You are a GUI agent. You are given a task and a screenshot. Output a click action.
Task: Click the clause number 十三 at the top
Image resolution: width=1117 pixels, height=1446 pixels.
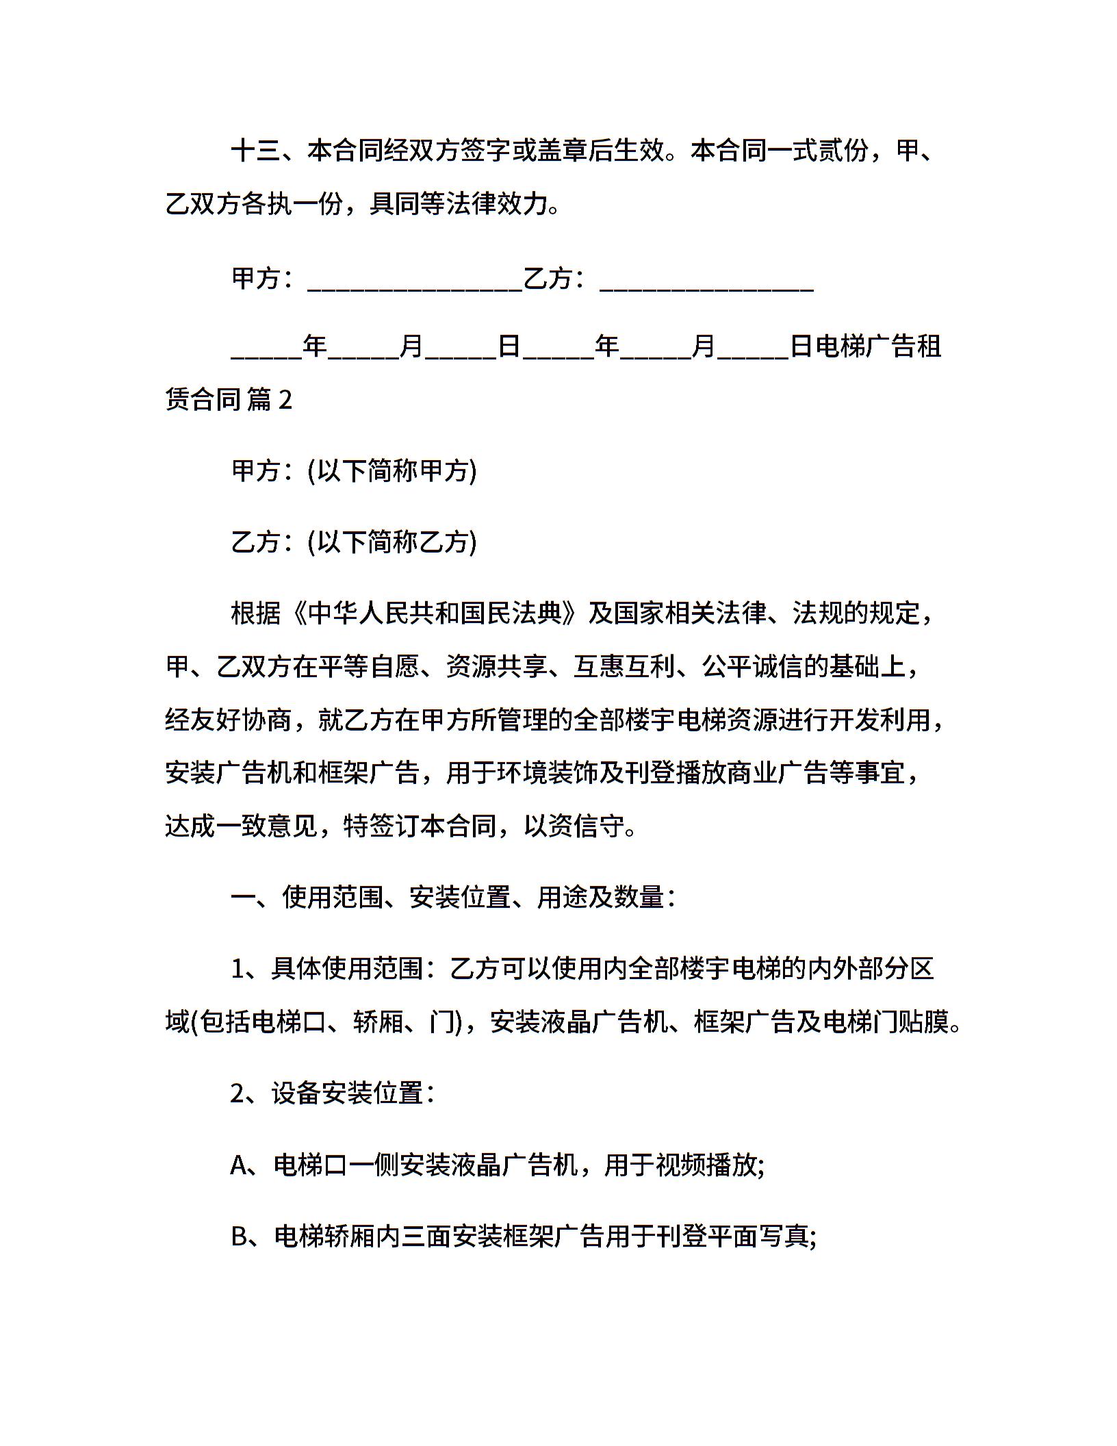pyautogui.click(x=255, y=151)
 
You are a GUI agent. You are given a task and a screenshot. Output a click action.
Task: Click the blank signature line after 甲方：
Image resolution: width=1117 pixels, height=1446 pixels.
pyautogui.click(x=415, y=280)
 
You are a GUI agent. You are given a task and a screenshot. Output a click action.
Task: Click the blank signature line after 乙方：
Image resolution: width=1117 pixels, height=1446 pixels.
pyautogui.click(x=706, y=280)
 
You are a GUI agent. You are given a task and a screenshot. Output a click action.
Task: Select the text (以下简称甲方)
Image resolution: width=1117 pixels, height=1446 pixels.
pyautogui.click(x=392, y=471)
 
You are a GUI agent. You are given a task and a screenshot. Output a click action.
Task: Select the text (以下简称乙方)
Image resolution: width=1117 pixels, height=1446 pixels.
pyautogui.click(x=392, y=542)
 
